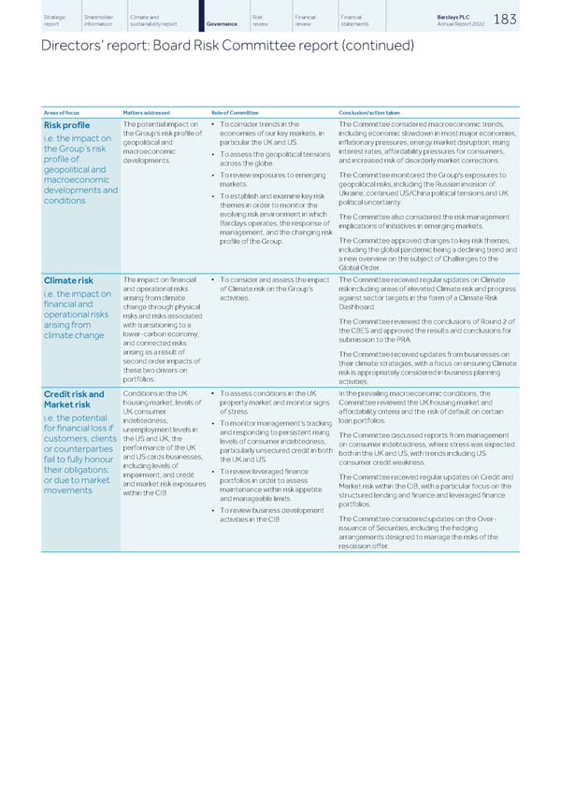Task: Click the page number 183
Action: pos(530,20)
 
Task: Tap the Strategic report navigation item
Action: pos(54,21)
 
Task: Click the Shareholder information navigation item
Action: pos(99,21)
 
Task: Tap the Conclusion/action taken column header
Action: pos(370,112)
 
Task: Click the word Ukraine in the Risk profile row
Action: pos(351,192)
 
